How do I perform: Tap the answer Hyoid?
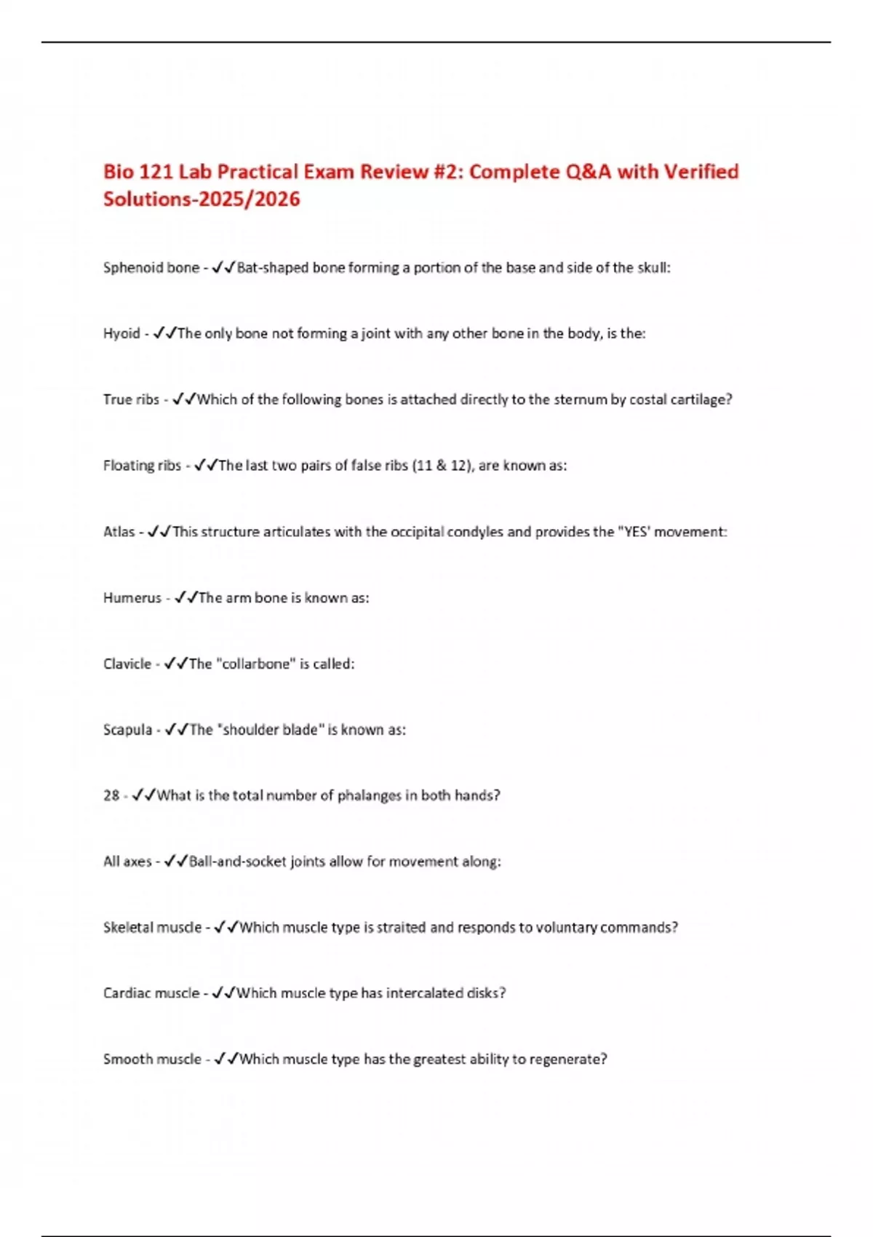coord(121,334)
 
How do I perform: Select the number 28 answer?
coord(111,795)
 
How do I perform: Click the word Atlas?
coord(119,532)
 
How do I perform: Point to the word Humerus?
coord(132,598)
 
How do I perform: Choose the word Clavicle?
coord(127,664)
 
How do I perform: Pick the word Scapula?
coord(127,730)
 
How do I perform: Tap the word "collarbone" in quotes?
coord(255,664)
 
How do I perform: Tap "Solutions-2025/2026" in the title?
coord(202,199)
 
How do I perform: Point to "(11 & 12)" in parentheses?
coord(443,466)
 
